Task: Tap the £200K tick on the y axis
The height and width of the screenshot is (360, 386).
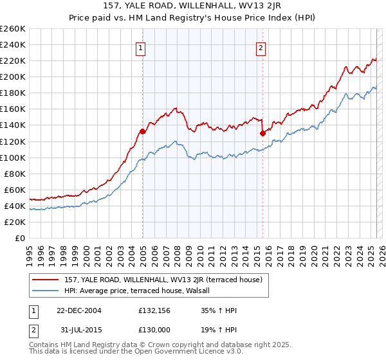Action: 13,76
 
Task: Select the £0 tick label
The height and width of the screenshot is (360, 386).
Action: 21,238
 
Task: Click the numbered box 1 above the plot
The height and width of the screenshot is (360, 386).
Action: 140,47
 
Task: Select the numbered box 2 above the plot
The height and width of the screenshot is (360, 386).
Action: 261,47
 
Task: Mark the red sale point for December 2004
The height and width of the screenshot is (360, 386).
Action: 143,131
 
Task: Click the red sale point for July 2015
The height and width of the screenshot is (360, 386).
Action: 262,133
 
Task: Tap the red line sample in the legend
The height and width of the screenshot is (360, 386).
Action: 46,280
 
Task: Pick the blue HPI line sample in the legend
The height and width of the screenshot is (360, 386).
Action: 46,291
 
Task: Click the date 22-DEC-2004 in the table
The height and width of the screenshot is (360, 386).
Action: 79,310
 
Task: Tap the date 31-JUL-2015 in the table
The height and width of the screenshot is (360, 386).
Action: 78,331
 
